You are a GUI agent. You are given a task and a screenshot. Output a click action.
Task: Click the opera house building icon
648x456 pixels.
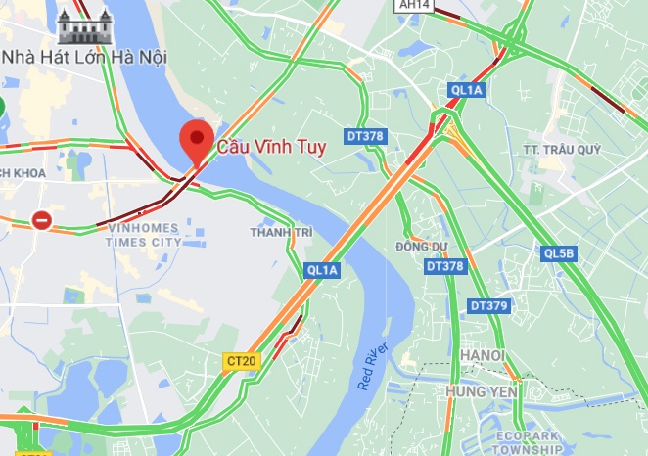[x=85, y=23]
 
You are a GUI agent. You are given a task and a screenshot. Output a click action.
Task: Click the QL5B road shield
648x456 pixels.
[x=560, y=253]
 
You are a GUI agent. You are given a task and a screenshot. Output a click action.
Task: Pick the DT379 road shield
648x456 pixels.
[x=489, y=306]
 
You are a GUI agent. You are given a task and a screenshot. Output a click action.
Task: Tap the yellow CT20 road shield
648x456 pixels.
[x=241, y=361]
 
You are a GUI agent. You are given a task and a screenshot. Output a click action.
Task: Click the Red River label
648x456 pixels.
[x=373, y=367]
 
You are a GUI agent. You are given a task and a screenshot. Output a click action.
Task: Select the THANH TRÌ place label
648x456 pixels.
[x=280, y=232]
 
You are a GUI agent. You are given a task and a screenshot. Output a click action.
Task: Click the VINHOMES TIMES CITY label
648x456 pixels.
[x=144, y=234]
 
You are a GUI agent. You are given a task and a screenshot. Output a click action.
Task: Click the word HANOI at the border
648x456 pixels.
[x=485, y=355]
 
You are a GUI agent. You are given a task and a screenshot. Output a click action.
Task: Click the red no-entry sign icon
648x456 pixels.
[x=42, y=219]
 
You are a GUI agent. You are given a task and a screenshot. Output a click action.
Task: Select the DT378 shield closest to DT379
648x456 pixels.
[x=445, y=266]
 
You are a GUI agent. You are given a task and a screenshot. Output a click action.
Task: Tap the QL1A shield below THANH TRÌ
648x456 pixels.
[x=321, y=269]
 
